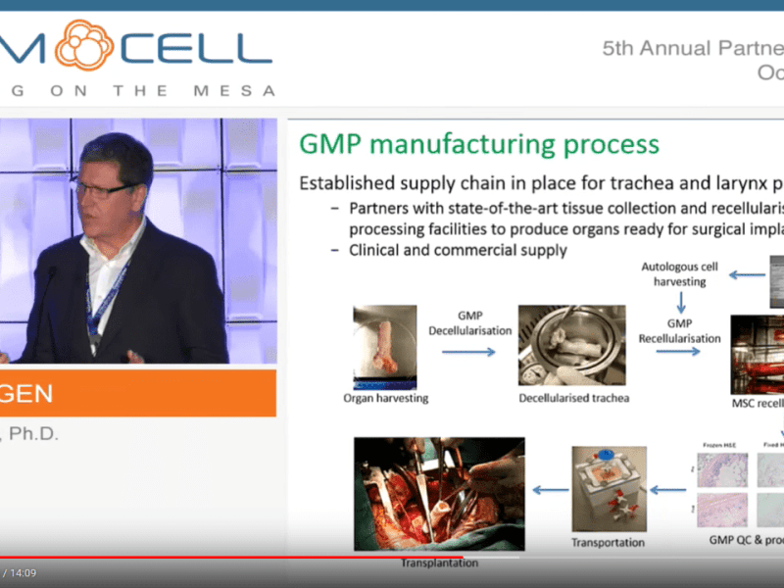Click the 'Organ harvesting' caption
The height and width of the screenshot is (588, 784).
pos(385,398)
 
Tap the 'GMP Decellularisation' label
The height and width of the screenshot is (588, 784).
pos(469,323)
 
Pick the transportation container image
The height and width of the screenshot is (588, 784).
pos(608,486)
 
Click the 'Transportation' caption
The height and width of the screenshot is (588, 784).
pos(608,542)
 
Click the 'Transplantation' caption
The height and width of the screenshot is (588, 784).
pos(439,563)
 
